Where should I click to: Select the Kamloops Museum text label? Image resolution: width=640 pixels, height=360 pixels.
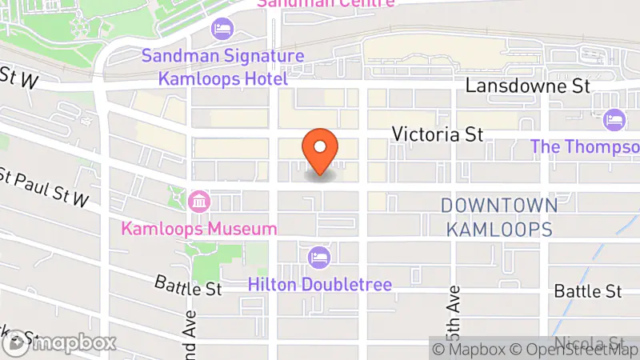click(x=199, y=229)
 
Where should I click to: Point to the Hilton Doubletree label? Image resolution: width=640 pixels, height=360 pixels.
click(x=319, y=284)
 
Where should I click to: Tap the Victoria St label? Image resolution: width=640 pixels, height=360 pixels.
click(x=438, y=134)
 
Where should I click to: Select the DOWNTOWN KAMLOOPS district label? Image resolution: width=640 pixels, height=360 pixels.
click(x=498, y=218)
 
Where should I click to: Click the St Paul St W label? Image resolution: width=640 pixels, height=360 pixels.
click(x=43, y=186)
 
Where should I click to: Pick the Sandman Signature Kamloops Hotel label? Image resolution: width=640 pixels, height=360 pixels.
click(x=222, y=67)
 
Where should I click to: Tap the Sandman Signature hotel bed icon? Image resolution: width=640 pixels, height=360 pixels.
click(x=221, y=30)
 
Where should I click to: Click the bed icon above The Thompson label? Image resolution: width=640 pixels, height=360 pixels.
click(x=614, y=119)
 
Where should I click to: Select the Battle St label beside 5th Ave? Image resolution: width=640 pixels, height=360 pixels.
click(x=588, y=290)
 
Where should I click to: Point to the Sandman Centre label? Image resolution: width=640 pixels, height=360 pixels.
click(x=325, y=3)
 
